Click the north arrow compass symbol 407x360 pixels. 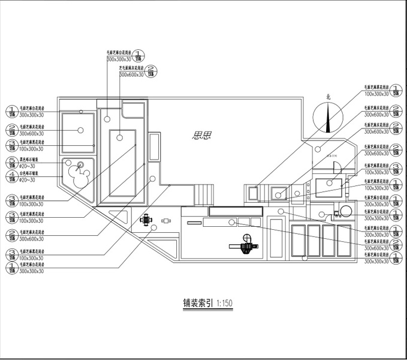[x=328, y=118]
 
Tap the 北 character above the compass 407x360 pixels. [x=328, y=96]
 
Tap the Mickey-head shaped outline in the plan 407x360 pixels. [x=77, y=175]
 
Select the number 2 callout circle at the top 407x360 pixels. [x=151, y=70]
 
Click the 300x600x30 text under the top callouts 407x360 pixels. [x=131, y=75]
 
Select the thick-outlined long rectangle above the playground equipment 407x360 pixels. [x=234, y=211]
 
